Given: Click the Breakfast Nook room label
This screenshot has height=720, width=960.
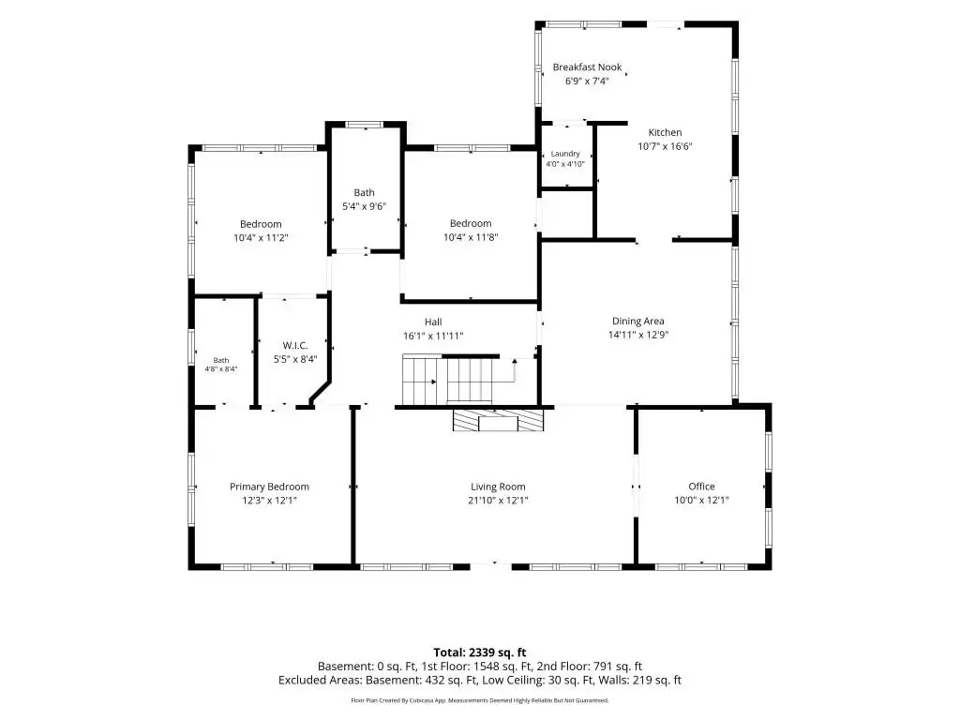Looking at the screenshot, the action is coord(587,67).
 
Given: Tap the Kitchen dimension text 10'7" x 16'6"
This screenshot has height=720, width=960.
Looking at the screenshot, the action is coord(665,146).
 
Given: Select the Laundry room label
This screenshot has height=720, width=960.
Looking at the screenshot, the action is coord(565,154).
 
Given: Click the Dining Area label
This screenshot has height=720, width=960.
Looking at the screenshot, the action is coord(637,321).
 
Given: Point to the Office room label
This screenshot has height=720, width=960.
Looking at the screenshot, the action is coord(701,487).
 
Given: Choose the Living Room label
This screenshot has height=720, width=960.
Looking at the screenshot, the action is coord(498,487).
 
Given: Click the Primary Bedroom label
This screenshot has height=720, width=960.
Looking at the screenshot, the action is coord(269,487).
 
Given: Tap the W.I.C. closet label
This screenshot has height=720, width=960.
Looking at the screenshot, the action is coord(295,345).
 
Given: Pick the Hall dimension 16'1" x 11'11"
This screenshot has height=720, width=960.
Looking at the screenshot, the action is coord(433,336).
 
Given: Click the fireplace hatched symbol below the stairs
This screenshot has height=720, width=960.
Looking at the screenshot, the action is coord(498,420).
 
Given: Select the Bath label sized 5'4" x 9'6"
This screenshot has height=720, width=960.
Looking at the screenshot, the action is coord(365,193).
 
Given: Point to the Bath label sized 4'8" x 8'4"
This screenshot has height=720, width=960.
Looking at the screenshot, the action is coord(221,361).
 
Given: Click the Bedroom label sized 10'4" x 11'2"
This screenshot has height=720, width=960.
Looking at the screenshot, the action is coord(261,224).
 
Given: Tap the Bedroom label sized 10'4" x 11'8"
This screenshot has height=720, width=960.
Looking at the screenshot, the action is coord(471,223).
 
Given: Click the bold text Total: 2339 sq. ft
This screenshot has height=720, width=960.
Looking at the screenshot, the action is coord(480,652).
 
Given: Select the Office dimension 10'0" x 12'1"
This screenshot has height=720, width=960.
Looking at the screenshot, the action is coord(701,501).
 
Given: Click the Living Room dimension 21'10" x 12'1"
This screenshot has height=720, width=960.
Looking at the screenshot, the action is coord(498,501).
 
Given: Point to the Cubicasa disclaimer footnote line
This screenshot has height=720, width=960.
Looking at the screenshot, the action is coord(480,699).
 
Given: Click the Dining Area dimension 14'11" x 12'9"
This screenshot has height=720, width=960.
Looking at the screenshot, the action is coord(637,335).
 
